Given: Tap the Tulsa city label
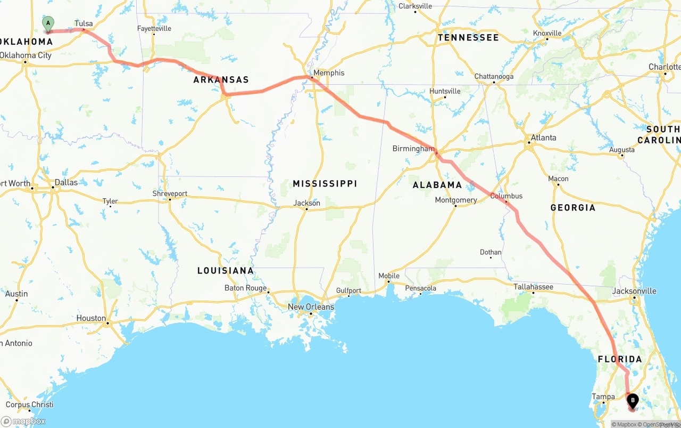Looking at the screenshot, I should pyautogui.click(x=84, y=23).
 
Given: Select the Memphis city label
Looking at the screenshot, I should pyautogui.click(x=329, y=73).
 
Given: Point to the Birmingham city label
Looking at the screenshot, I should pyautogui.click(x=413, y=149).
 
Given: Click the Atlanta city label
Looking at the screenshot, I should pyautogui.click(x=543, y=138).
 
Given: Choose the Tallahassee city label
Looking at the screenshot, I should pyautogui.click(x=533, y=287).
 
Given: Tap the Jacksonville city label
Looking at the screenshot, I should pyautogui.click(x=634, y=291).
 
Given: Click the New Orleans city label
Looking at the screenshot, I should pyautogui.click(x=311, y=307).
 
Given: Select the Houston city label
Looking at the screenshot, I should pyautogui.click(x=91, y=318).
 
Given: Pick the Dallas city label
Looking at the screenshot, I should pyautogui.click(x=66, y=182).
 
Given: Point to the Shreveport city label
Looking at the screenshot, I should pyautogui.click(x=170, y=193).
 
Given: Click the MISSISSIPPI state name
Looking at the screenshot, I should pyautogui.click(x=325, y=184).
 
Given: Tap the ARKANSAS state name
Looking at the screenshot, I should pyautogui.click(x=221, y=80).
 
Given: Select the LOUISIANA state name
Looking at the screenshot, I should pyautogui.click(x=226, y=271).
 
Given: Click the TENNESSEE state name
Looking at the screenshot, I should pyautogui.click(x=468, y=38).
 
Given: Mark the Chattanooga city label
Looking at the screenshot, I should pyautogui.click(x=494, y=76).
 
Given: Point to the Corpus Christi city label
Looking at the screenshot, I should pyautogui.click(x=29, y=405).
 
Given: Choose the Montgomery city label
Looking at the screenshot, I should pyautogui.click(x=456, y=200).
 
